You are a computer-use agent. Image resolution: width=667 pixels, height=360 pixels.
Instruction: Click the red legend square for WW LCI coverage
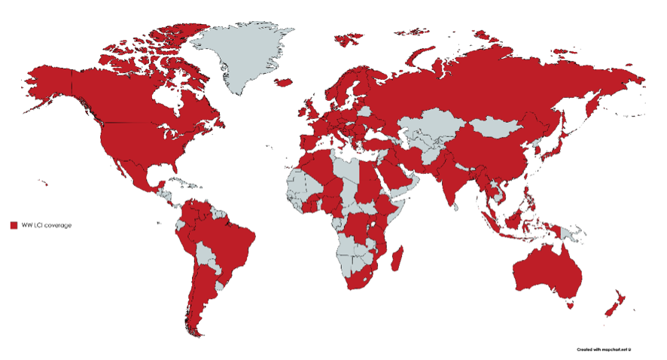[14, 225]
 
